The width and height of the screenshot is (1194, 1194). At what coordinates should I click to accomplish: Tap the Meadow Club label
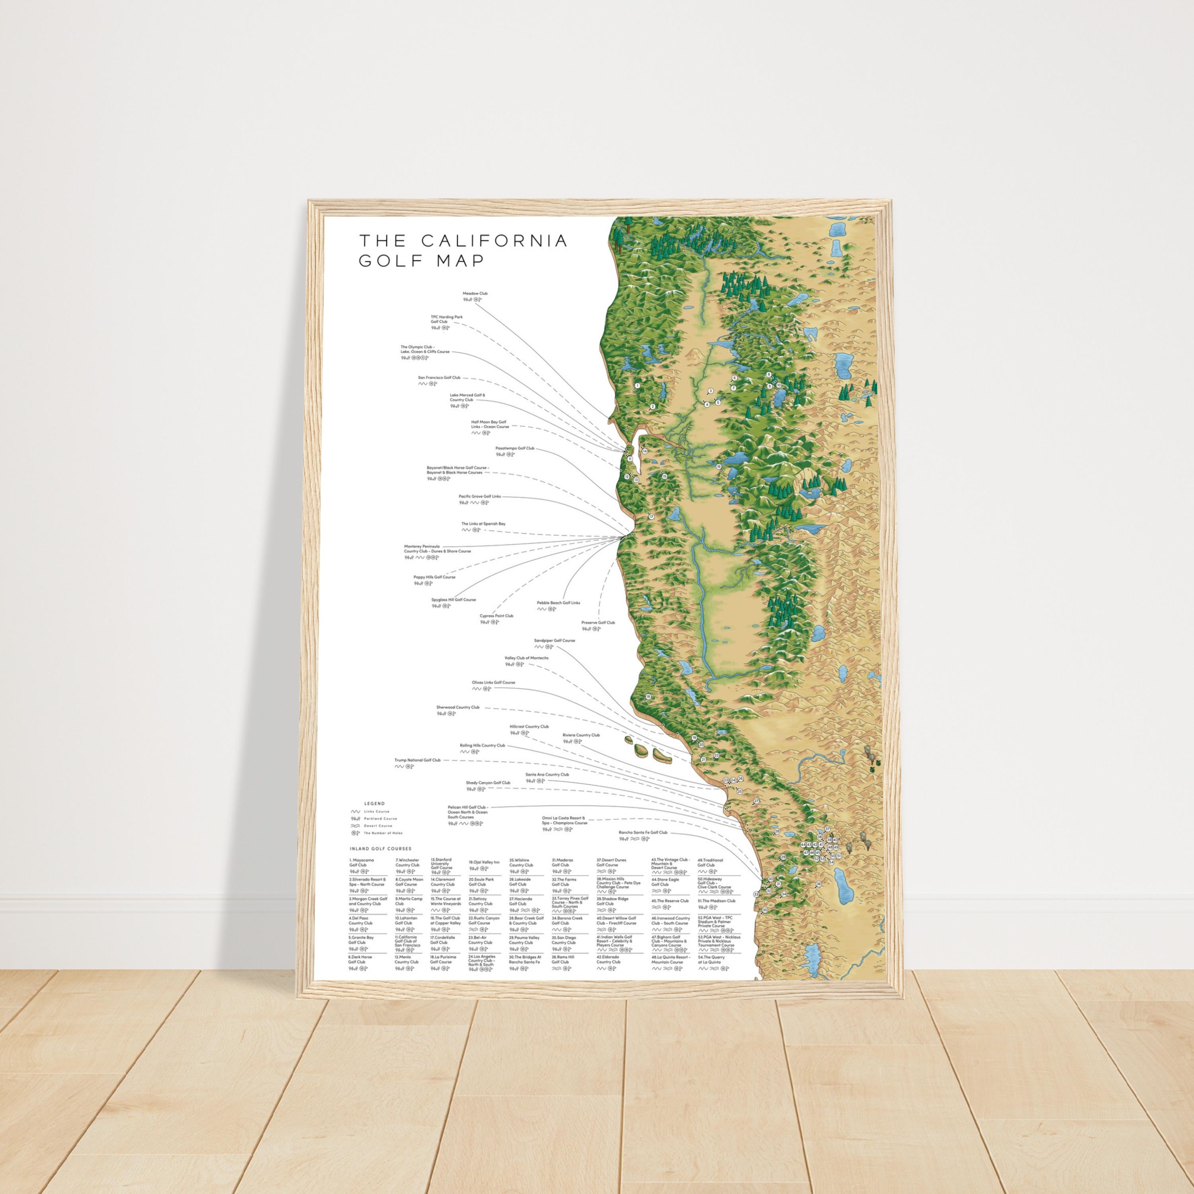coord(475,294)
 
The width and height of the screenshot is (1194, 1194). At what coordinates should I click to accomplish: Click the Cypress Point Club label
coord(496,616)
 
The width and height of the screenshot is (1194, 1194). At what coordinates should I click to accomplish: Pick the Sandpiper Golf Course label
coord(554,641)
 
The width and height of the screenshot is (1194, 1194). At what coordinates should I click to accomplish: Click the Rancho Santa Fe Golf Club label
coord(643,833)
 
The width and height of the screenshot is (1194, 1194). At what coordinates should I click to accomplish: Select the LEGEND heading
coord(375,804)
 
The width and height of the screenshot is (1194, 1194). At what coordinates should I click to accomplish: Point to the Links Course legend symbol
coord(355,812)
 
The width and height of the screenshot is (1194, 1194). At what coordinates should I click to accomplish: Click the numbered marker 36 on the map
coord(818,884)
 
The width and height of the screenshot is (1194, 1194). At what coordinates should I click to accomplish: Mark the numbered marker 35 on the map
coord(765,910)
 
